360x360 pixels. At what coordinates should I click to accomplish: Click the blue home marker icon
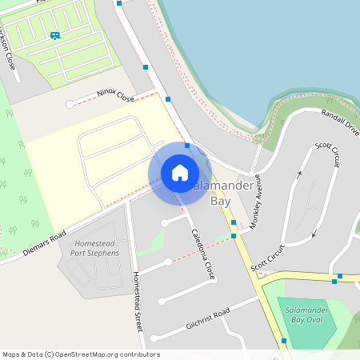tap(179, 172)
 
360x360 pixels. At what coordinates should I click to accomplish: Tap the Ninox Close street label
tap(114, 95)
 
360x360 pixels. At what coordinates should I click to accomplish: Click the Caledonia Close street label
tap(203, 254)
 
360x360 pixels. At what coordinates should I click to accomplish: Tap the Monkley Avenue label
tap(255, 203)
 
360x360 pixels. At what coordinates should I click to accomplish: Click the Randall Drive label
tap(340, 122)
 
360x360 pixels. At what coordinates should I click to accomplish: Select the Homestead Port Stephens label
tap(94, 248)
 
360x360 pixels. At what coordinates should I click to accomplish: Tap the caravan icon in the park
tap(55, 35)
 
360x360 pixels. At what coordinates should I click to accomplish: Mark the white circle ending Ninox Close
tap(70, 104)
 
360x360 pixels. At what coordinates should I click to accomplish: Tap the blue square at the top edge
tap(119, 3)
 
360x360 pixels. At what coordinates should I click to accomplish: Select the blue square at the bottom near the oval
tap(284, 341)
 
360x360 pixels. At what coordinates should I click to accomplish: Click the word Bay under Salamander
tap(220, 202)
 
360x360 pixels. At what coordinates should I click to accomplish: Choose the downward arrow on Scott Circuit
tap(313, 234)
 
